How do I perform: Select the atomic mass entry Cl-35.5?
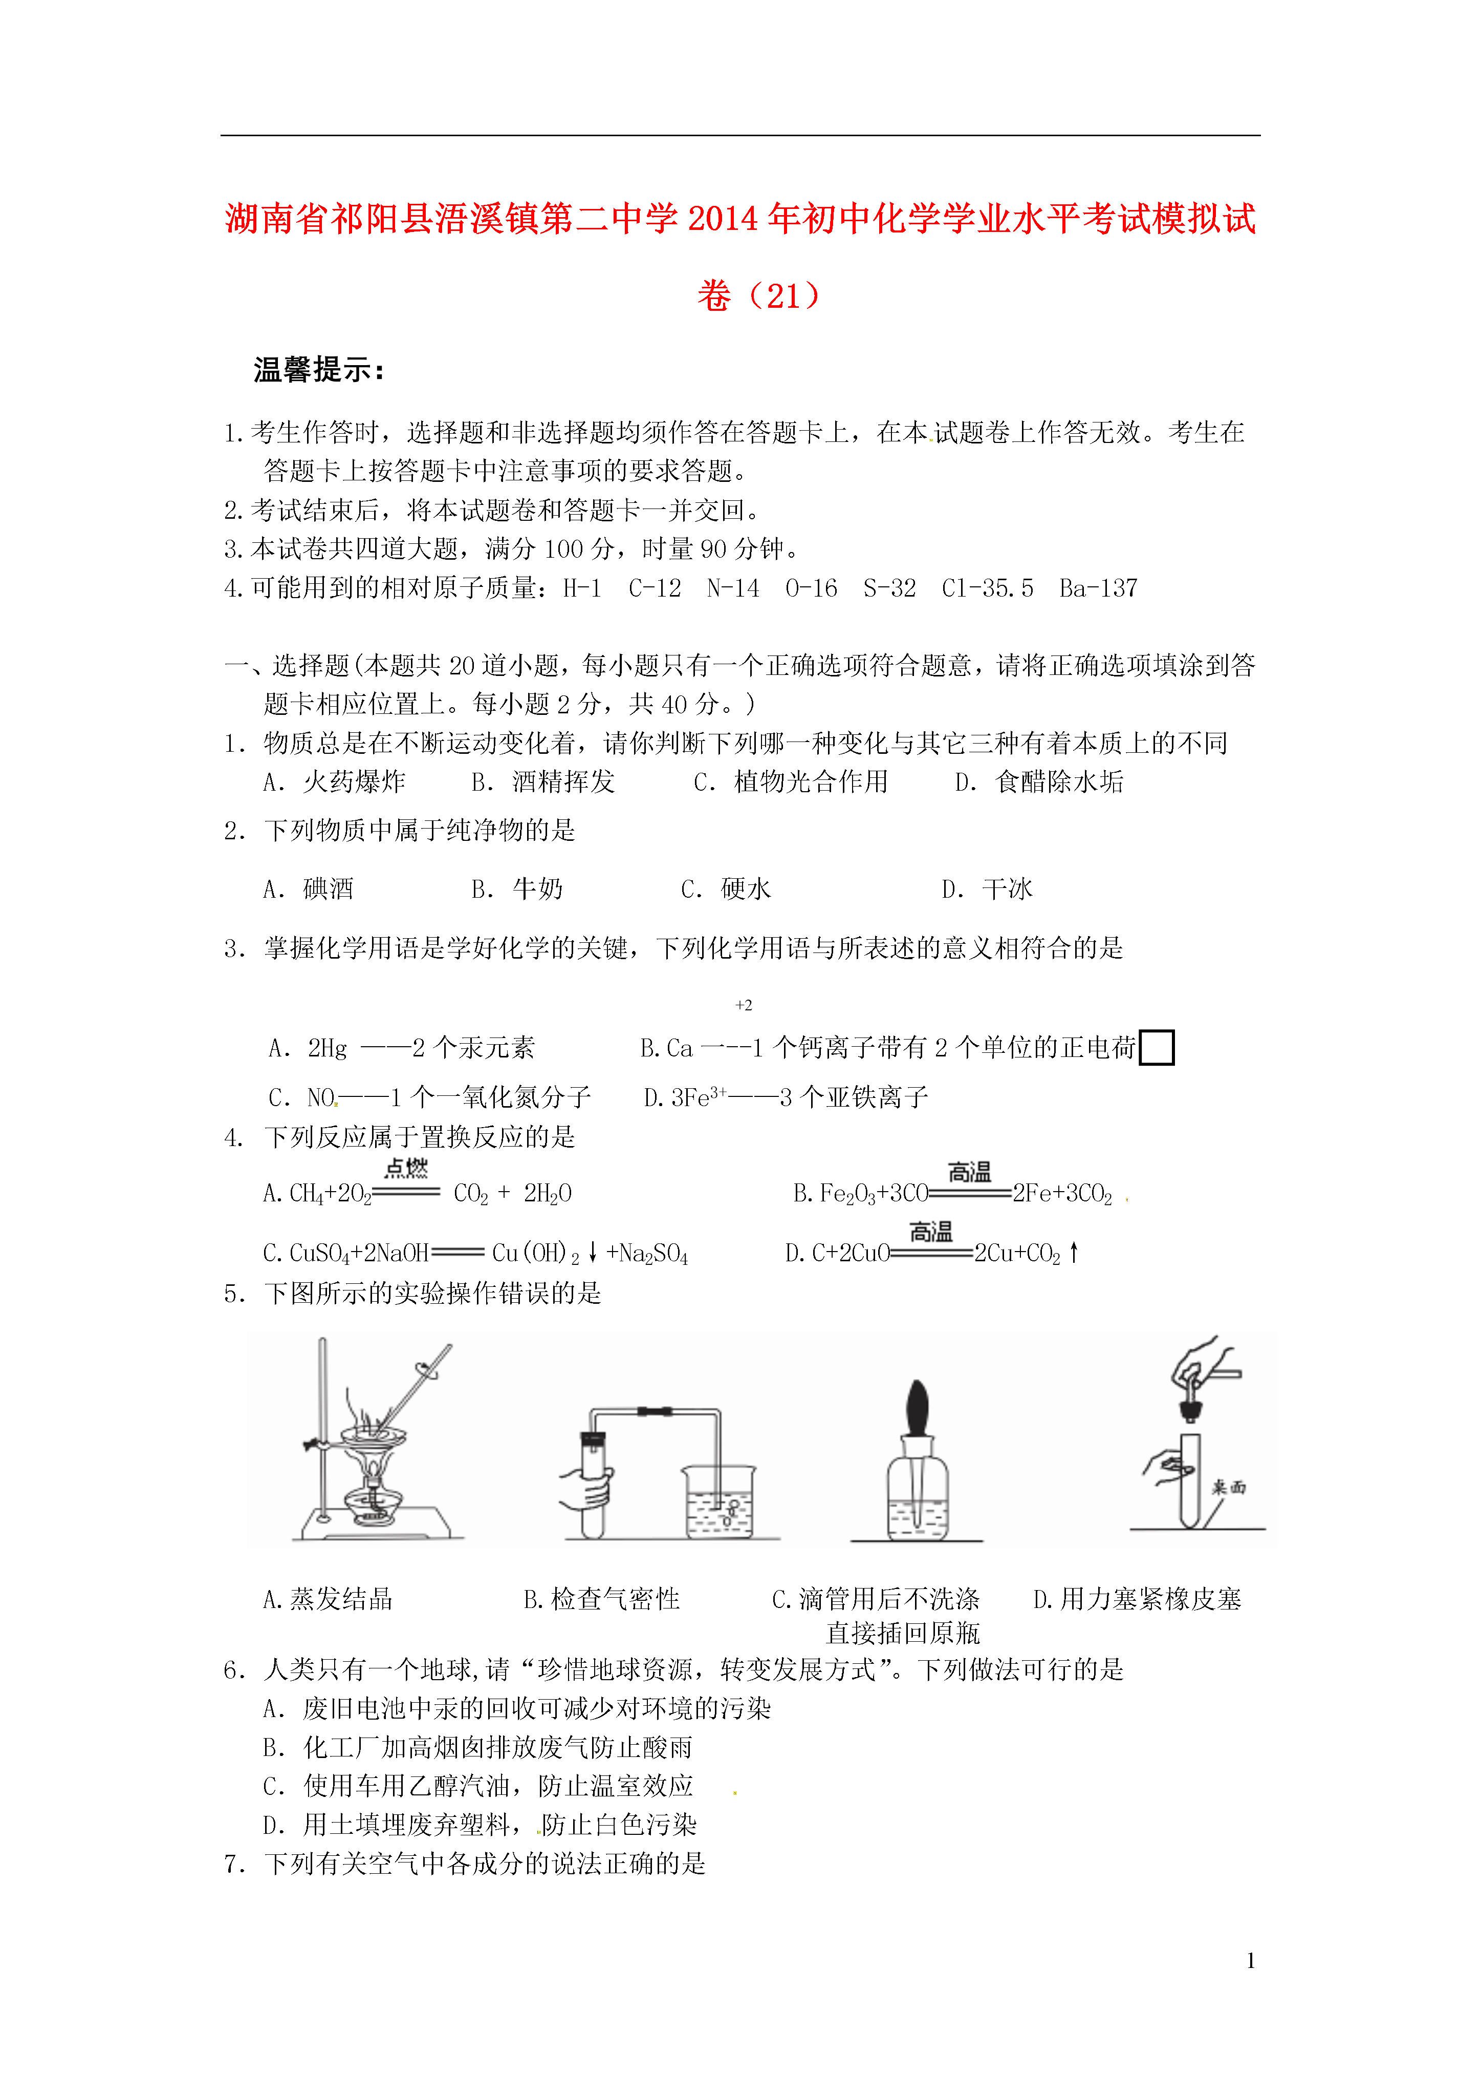(x=987, y=589)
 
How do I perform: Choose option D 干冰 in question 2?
(x=987, y=889)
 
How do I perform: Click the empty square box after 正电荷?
(x=1156, y=1047)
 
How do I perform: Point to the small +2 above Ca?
(x=744, y=1005)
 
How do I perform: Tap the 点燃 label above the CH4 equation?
(x=406, y=1169)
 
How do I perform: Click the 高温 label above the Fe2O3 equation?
(x=969, y=1172)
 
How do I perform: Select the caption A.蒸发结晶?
(x=328, y=1598)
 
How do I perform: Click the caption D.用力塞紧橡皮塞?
(x=1137, y=1598)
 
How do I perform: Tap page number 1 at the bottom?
(x=1250, y=1960)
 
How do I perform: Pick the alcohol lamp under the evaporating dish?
(x=373, y=1498)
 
